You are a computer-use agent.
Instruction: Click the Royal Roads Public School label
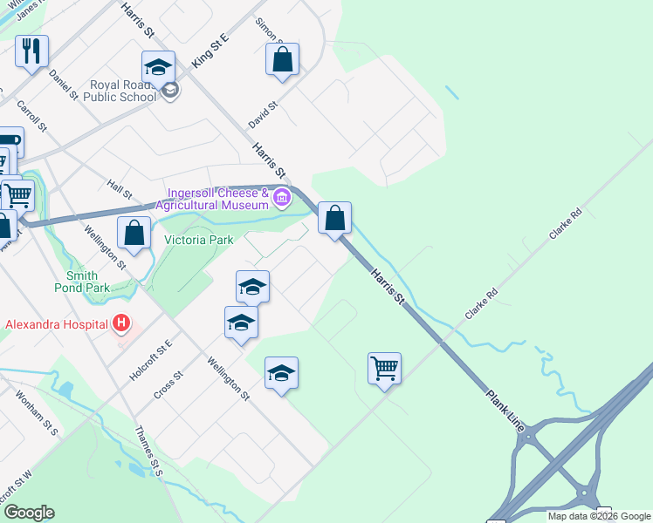(x=122, y=92)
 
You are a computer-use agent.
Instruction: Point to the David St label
(x=262, y=114)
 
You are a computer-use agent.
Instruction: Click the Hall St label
(x=119, y=189)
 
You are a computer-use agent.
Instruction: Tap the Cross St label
(x=168, y=385)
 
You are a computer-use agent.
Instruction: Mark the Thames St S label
(x=149, y=451)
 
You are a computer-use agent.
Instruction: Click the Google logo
(x=28, y=513)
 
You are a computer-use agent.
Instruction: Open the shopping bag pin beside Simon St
(x=282, y=59)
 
